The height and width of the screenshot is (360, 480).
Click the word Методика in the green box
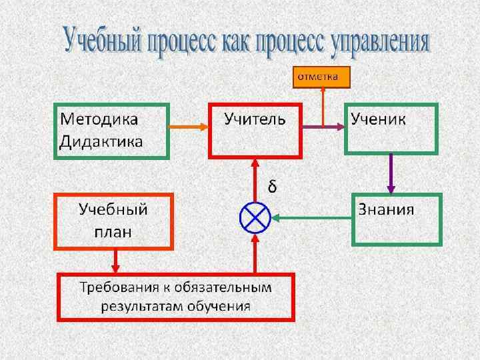99,120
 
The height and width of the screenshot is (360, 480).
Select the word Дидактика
101,141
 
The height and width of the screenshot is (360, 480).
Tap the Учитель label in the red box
255,120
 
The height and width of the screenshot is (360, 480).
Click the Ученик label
379,120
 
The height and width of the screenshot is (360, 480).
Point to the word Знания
386,209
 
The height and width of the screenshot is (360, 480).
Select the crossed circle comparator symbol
255,217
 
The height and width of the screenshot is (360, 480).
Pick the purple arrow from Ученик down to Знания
391,174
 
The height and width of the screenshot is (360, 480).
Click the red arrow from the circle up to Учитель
255,179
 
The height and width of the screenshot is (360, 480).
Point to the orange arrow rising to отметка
323,107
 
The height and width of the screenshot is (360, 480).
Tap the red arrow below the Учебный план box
116,261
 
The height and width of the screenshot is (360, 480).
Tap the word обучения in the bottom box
219,307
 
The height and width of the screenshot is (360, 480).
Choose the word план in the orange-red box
113,231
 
